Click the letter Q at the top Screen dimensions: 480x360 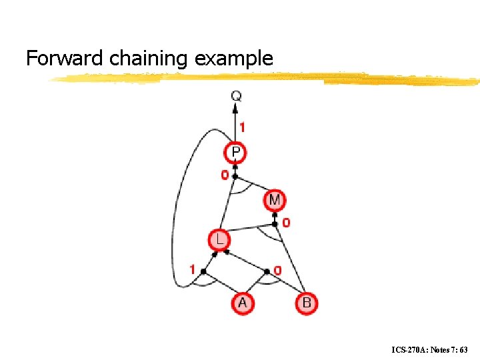tap(236, 97)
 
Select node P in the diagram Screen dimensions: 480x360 tap(235, 153)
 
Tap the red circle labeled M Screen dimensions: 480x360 tap(275, 199)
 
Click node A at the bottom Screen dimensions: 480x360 tap(242, 303)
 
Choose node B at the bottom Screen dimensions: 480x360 tap(307, 303)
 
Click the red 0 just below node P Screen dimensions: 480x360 tap(224, 175)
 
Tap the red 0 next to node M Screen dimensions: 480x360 tap(286, 223)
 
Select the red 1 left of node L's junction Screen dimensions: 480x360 tap(192, 270)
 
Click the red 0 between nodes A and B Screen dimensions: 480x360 tap(277, 270)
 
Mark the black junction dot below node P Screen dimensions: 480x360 tap(235, 177)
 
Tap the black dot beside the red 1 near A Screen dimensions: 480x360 tap(203, 271)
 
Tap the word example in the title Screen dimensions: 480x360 tap(234, 59)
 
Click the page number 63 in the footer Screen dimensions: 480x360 tap(463, 349)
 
